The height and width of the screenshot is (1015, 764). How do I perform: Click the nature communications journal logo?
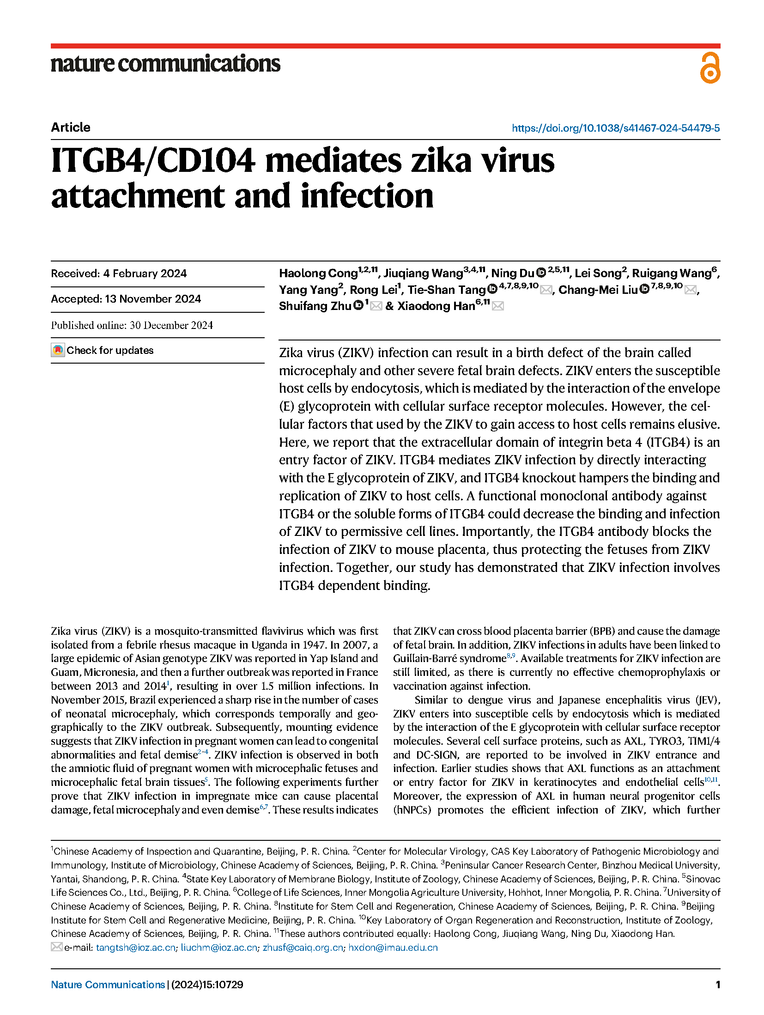pyautogui.click(x=165, y=64)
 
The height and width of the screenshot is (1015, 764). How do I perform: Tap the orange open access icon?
pyautogui.click(x=709, y=68)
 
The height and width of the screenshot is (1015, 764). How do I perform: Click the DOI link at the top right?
pyautogui.click(x=615, y=128)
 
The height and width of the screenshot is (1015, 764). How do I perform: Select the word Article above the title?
pyautogui.click(x=71, y=128)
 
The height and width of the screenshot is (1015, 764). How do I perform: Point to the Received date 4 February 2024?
pyautogui.click(x=145, y=274)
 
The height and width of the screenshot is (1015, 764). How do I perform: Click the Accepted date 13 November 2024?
pyautogui.click(x=152, y=299)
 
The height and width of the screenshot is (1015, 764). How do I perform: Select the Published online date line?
pyautogui.click(x=132, y=325)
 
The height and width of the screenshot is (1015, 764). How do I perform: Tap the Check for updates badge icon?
pyautogui.click(x=58, y=350)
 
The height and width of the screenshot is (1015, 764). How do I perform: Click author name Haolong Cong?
pyautogui.click(x=318, y=274)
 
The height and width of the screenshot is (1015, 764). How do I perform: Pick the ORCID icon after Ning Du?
pyautogui.click(x=541, y=273)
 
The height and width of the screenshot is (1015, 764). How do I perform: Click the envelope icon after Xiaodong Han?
pyautogui.click(x=497, y=306)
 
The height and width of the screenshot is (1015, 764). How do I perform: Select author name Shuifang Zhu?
pyautogui.click(x=315, y=306)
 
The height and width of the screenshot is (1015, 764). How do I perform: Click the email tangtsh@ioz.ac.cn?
pyautogui.click(x=136, y=948)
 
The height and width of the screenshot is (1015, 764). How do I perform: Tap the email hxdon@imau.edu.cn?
pyautogui.click(x=393, y=948)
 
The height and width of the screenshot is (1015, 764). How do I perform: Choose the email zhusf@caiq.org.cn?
pyautogui.click(x=303, y=948)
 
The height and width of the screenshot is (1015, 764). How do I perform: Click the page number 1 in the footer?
pyautogui.click(x=717, y=985)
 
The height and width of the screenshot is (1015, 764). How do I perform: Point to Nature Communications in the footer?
pyautogui.click(x=108, y=985)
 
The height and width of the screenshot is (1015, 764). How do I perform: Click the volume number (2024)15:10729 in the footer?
pyautogui.click(x=207, y=985)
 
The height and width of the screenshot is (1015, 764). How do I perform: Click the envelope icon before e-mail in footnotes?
pyautogui.click(x=56, y=947)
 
